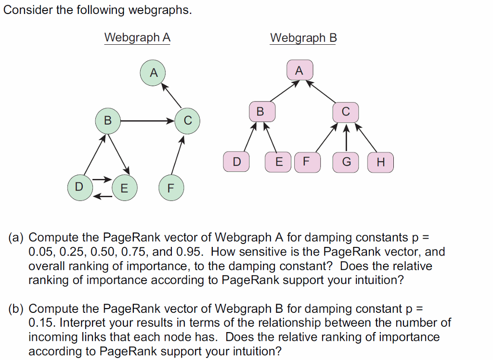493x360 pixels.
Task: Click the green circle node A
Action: pos(153,73)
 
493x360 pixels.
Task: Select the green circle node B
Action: pos(107,120)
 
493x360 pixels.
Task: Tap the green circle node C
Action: pos(188,120)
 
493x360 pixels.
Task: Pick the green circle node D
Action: pos(79,186)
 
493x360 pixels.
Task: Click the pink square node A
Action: pos(299,71)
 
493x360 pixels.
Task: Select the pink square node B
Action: pos(260,111)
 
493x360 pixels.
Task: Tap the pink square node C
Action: pos(345,111)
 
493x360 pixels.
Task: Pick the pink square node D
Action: pos(236,162)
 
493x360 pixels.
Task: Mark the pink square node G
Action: pos(346,162)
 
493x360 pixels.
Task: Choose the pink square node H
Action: pos(381,162)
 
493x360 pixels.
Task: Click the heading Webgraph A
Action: pos(137,38)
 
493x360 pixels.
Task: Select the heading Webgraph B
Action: pos(303,38)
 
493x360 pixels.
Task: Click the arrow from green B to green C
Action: pos(147,120)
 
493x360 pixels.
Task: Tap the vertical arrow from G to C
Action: pos(346,138)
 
